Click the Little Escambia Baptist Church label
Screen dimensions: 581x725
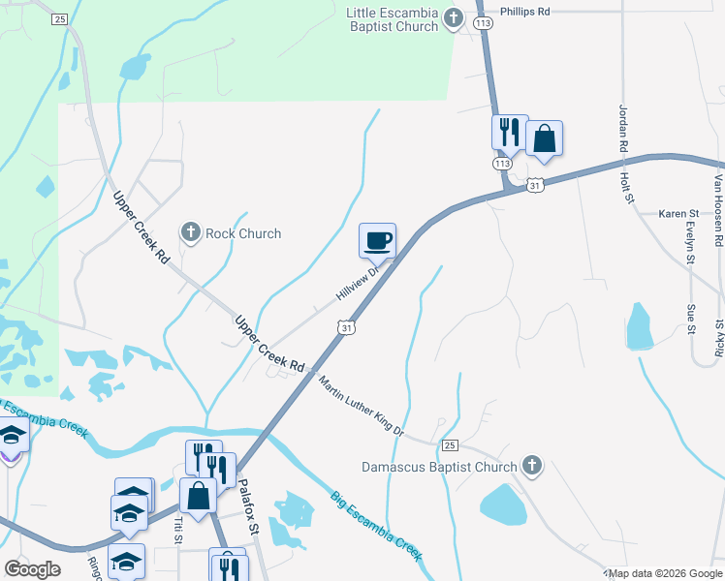coord(393,19)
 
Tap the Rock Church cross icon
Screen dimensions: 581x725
coord(191,232)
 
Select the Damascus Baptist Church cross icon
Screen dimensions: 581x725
coord(531,467)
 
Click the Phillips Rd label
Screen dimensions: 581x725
coord(524,13)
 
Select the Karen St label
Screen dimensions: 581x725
coord(678,213)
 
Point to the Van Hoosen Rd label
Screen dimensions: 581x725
coord(719,207)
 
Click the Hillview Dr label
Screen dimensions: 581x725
coord(356,282)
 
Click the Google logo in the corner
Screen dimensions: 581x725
coord(32,568)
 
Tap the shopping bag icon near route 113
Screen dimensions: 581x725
coord(544,138)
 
